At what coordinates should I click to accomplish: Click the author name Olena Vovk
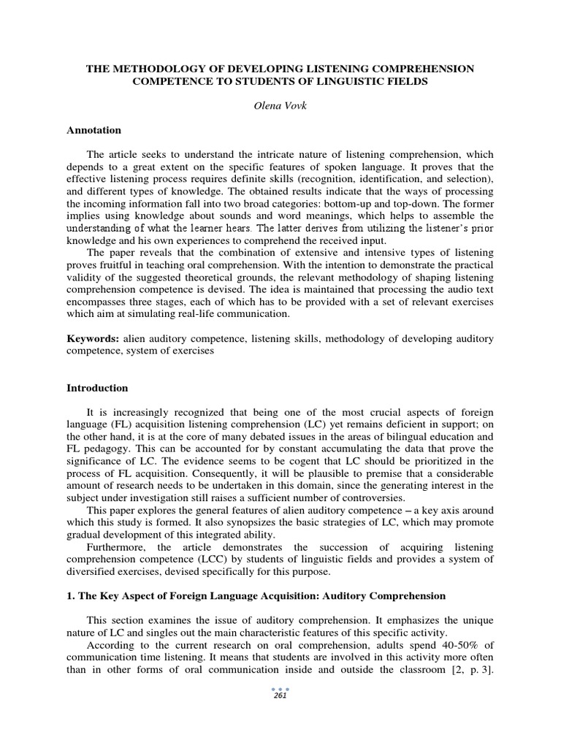pyautogui.click(x=280, y=107)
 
